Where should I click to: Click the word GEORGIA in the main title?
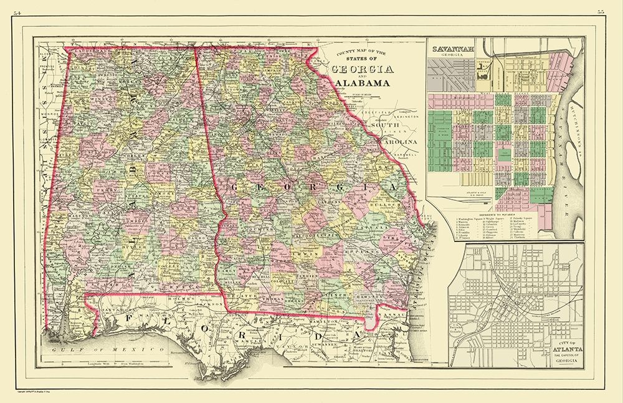pos(363,69)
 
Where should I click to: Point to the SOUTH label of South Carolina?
pos(385,125)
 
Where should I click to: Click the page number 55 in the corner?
pos(600,11)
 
